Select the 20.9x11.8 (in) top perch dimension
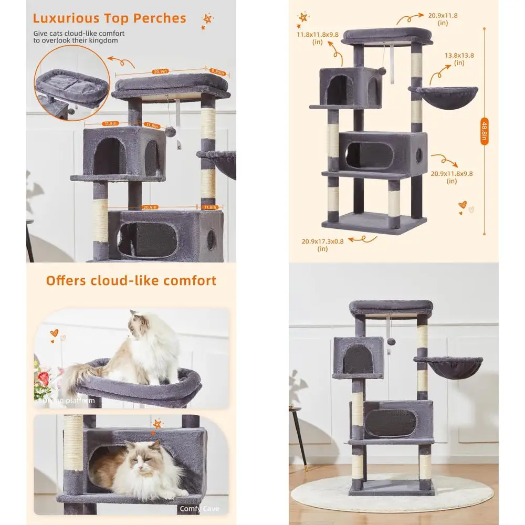pyautogui.click(x=442, y=19)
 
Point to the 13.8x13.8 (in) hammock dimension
pyautogui.click(x=459, y=58)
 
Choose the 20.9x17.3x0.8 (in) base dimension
pyautogui.click(x=322, y=245)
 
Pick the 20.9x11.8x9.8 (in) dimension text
pyautogui.click(x=451, y=177)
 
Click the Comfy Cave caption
pyautogui.click(x=199, y=509)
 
